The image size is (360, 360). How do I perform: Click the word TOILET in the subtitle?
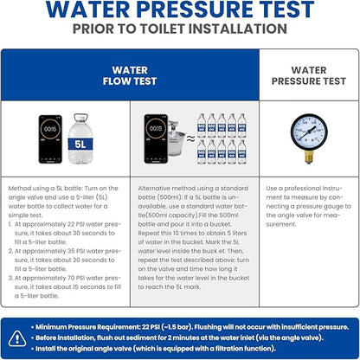(162, 29)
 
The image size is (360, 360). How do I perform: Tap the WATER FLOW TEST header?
(130, 75)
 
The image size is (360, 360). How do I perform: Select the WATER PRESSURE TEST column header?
(309, 75)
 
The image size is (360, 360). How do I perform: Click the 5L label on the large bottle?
(80, 144)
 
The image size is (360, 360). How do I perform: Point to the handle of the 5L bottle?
(80, 117)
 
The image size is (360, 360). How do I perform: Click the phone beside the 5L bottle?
(50, 139)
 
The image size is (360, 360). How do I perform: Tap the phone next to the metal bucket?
(156, 138)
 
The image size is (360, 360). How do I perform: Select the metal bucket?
(177, 139)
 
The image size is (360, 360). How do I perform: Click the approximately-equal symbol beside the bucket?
(190, 139)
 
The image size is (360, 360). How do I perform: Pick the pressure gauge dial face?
(309, 132)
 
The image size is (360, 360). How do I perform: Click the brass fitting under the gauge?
(309, 157)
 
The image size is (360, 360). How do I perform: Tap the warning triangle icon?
(17, 338)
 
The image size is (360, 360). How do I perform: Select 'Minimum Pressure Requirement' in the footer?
(87, 327)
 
